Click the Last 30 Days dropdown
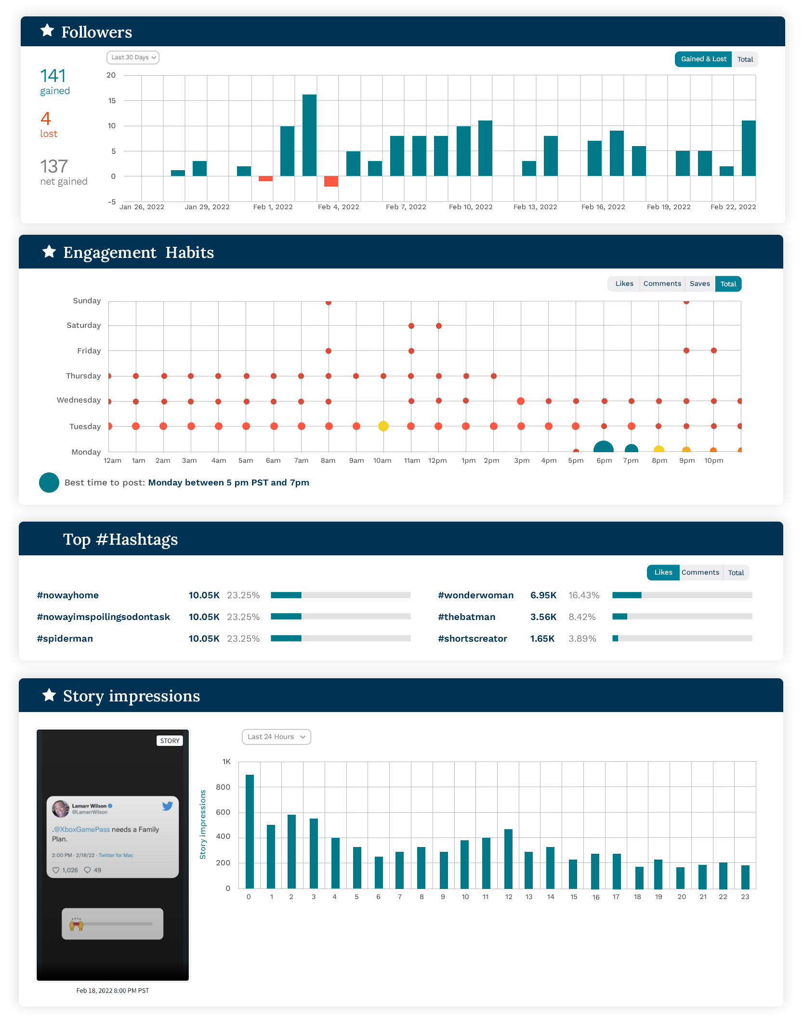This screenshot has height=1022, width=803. (x=133, y=57)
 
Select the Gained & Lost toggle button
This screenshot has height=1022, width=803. (x=703, y=59)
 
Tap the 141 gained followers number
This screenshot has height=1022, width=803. (x=53, y=76)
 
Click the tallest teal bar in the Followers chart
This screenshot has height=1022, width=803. (x=309, y=135)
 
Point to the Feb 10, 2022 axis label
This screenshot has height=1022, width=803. (x=471, y=207)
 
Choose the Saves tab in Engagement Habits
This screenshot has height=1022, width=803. (x=699, y=284)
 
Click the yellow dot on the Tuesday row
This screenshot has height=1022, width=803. (x=383, y=426)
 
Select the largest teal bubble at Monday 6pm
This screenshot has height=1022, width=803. (x=604, y=447)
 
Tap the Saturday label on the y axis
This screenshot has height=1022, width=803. (x=84, y=325)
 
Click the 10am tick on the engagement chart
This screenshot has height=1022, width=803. (x=382, y=460)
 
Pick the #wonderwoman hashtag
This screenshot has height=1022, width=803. (x=475, y=595)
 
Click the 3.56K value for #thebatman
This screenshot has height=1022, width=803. (x=543, y=617)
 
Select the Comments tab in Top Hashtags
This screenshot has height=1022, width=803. (x=700, y=573)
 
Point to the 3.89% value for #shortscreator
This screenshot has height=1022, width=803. (x=582, y=639)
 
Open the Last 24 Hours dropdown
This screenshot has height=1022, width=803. (x=276, y=737)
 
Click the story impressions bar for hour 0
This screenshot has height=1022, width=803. (x=250, y=832)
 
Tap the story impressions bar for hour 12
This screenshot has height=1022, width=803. (x=508, y=859)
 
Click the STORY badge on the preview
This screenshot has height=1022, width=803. (x=170, y=741)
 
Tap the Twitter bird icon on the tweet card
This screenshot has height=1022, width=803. (x=167, y=806)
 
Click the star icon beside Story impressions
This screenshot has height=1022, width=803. (x=49, y=695)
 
